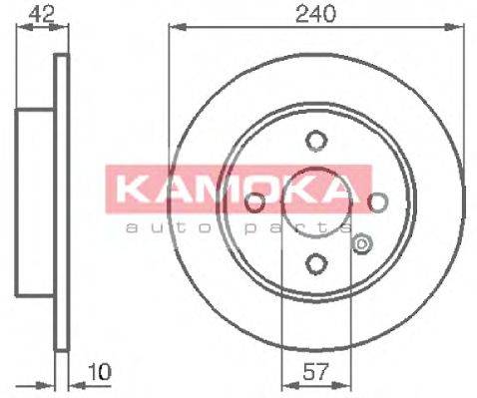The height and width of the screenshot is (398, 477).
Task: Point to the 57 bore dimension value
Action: (314, 371)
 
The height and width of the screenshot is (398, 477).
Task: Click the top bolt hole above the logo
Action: (316, 141)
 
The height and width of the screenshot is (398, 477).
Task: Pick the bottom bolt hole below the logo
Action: (316, 263)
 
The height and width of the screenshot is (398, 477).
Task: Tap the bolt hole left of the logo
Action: (254, 201)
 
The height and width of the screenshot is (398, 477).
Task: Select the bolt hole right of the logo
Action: (378, 201)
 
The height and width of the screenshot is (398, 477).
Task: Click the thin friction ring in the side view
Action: (61, 202)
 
